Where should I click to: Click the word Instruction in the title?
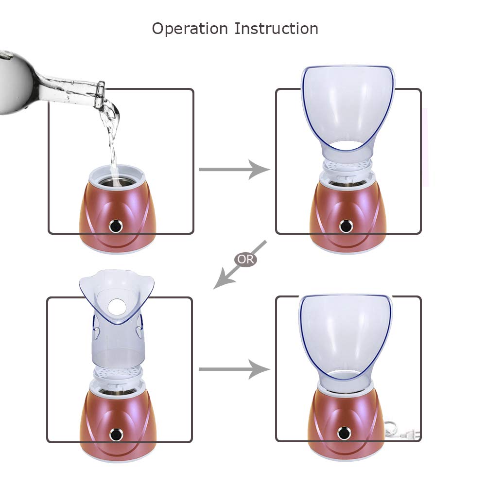click(x=276, y=28)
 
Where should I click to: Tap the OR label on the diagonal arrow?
click(x=246, y=259)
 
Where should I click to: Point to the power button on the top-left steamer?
click(x=116, y=226)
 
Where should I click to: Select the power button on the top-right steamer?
click(x=345, y=226)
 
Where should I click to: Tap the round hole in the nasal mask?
click(x=117, y=305)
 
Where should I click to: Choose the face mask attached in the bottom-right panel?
click(x=345, y=335)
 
